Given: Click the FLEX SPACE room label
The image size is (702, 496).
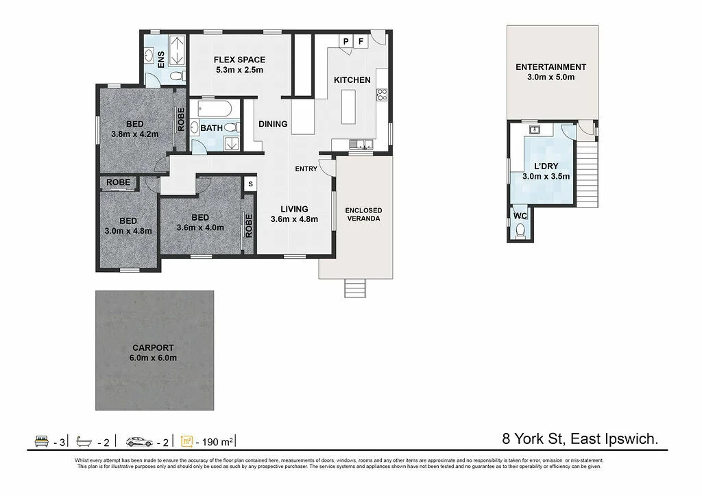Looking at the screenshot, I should [239, 60].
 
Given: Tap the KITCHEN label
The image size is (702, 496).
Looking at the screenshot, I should [352, 80].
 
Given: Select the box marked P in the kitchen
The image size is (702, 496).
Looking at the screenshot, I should [346, 42].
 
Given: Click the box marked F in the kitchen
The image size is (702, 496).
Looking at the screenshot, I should [360, 42].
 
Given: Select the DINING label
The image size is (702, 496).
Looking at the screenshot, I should [273, 124].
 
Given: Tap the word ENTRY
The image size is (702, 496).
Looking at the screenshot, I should [306, 169].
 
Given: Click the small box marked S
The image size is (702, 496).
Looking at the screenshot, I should [250, 184].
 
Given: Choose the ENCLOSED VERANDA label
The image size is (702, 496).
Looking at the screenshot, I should [363, 214].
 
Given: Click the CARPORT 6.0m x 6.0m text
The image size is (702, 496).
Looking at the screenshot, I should [154, 353].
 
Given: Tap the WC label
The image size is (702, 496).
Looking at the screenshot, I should [520, 216].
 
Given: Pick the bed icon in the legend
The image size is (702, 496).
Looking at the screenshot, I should [41, 441].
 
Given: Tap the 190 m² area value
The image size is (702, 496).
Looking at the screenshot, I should [217, 441].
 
